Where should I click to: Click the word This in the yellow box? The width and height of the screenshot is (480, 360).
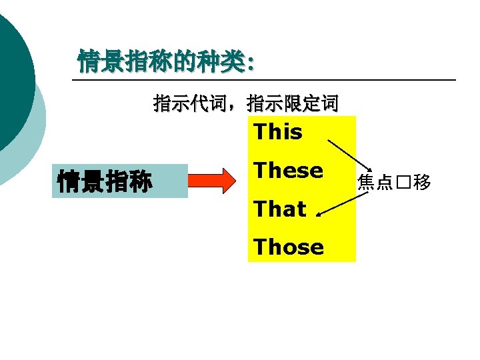tap(278, 132)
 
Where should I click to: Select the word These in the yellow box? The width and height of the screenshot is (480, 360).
tap(288, 171)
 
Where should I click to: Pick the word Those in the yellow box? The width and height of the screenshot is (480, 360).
tap(288, 247)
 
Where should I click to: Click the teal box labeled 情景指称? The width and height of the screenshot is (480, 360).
tap(105, 181)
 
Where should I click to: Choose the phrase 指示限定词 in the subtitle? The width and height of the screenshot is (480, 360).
tap(292, 103)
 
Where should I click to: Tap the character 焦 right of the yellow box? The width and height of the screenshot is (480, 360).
tap(366, 182)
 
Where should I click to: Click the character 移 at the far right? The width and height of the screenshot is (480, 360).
tap(422, 182)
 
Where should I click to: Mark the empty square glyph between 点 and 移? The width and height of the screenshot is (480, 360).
tap(403, 183)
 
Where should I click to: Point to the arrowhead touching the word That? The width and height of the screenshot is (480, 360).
tap(319, 213)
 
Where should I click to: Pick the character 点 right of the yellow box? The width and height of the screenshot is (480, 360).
tap(385, 182)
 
